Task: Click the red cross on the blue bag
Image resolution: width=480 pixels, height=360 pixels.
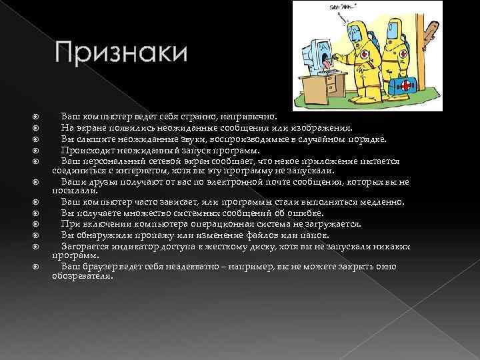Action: pos(405,86)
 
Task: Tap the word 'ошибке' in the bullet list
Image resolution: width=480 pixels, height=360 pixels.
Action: pos(306,213)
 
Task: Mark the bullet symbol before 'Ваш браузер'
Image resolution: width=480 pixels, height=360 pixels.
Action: pos(38,267)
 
